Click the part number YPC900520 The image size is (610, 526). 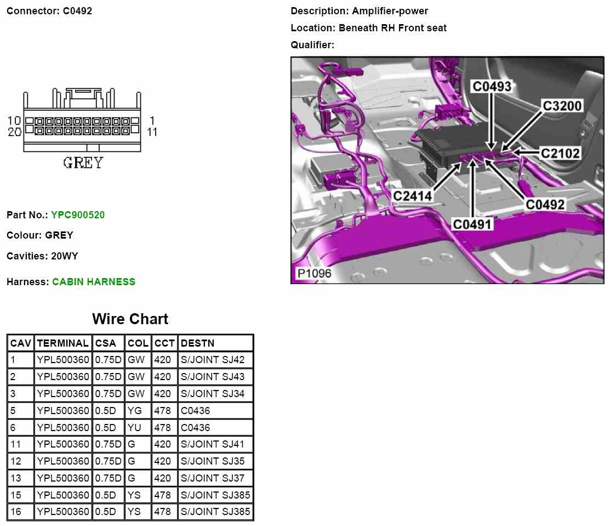pos(78,215)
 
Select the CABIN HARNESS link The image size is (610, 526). pos(94,282)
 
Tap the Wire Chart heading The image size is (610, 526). pos(130,319)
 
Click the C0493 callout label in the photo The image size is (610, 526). pos(492,86)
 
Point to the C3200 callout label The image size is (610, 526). pos(562,106)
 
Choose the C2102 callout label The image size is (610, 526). pos(560,153)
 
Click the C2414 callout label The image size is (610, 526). pos(413,195)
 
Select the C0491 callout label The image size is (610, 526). pos(472,224)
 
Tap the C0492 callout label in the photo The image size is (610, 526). pos(545,204)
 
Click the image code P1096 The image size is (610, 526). pos(314,273)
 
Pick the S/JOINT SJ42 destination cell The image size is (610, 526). pos(213,360)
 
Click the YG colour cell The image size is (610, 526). pos(134,411)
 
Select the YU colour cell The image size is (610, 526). pos(134,428)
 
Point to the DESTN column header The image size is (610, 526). pos(197,343)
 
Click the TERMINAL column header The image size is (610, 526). pos(62,343)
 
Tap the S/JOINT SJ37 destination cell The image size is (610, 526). pos(213,478)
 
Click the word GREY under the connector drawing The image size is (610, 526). pos(83,163)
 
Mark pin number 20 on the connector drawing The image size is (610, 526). pos(14,132)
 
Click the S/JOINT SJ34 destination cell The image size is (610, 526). pos(213,394)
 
